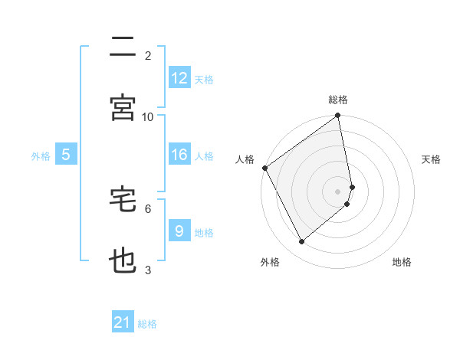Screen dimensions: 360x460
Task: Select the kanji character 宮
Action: click(123, 108)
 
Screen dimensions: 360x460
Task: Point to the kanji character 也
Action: click(123, 261)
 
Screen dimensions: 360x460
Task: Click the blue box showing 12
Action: click(179, 78)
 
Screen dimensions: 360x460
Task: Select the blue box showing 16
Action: click(179, 155)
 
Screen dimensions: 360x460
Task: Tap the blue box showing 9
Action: click(179, 231)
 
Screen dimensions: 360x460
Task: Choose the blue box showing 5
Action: click(66, 155)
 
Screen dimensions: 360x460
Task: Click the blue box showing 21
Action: click(123, 323)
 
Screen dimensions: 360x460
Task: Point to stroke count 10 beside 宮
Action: click(148, 116)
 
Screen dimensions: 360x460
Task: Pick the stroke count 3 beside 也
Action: click(148, 270)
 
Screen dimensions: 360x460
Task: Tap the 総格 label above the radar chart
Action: click(338, 100)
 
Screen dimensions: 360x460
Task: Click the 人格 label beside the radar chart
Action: click(245, 159)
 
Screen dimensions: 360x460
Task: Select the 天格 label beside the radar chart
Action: click(432, 159)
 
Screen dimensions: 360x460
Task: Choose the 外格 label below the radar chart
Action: click(269, 263)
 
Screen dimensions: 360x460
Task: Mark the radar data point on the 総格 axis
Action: click(338, 116)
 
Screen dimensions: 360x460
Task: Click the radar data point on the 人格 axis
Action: click(264, 168)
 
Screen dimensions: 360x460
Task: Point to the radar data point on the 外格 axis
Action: click(302, 242)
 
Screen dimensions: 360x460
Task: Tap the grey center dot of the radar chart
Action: click(338, 191)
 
